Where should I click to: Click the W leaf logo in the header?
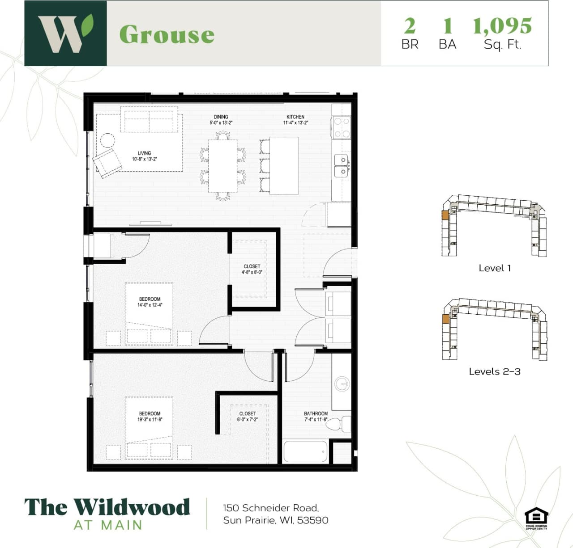(x=65, y=34)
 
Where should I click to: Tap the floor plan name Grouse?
(x=167, y=34)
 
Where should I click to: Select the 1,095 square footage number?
(x=502, y=26)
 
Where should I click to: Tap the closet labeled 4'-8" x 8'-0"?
(x=252, y=269)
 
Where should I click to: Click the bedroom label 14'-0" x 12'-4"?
(x=150, y=302)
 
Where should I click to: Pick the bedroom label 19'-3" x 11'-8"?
(x=150, y=417)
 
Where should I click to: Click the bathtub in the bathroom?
(x=305, y=452)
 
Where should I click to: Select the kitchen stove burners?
(x=342, y=127)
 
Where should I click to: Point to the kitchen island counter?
(x=284, y=165)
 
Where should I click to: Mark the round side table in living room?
(x=107, y=140)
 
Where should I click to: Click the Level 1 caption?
(x=495, y=268)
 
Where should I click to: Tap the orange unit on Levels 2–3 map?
(x=445, y=319)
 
